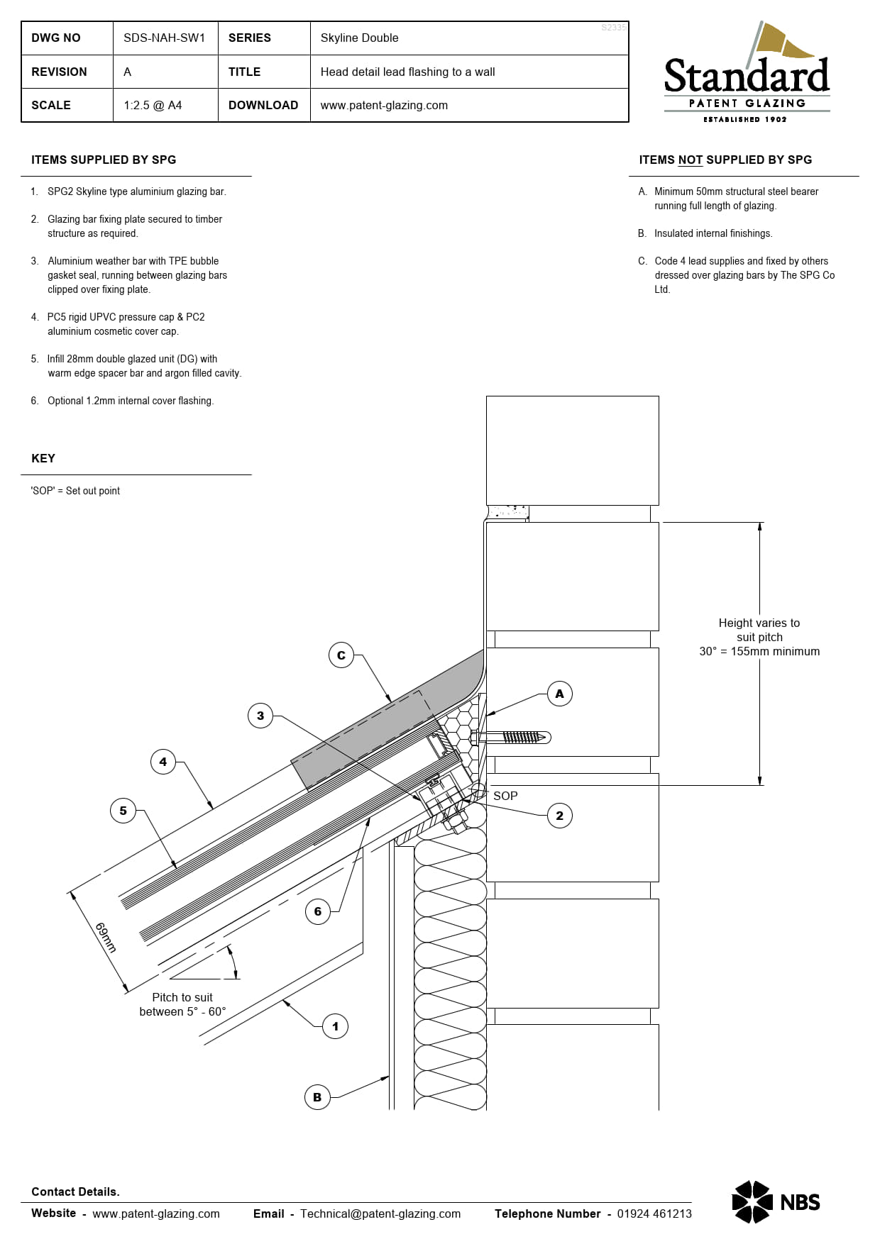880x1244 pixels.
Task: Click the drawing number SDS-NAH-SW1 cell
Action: pyautogui.click(x=164, y=38)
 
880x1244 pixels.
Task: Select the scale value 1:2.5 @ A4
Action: pyautogui.click(x=153, y=105)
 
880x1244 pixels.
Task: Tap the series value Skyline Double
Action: pyautogui.click(x=359, y=38)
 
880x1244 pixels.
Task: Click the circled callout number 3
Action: pyautogui.click(x=260, y=716)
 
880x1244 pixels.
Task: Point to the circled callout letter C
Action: pyautogui.click(x=341, y=655)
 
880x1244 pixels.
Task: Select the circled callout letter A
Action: pyautogui.click(x=559, y=694)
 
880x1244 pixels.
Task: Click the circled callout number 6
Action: pyautogui.click(x=318, y=911)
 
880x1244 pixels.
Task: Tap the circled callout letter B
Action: pyautogui.click(x=317, y=1097)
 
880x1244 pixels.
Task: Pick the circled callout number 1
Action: pyautogui.click(x=335, y=1026)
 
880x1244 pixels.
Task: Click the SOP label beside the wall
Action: pyautogui.click(x=505, y=796)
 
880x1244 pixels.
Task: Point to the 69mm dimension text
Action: pyautogui.click(x=106, y=937)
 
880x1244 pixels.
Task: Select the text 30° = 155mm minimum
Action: pyautogui.click(x=759, y=651)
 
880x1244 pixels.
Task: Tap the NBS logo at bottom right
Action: pyautogui.click(x=776, y=1201)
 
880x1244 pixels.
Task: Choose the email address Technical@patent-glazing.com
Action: pyautogui.click(x=380, y=1214)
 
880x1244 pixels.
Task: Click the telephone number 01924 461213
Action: pyautogui.click(x=654, y=1214)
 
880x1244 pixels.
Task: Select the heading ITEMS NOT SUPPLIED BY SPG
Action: pyautogui.click(x=725, y=160)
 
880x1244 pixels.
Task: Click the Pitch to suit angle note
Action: pyautogui.click(x=182, y=1004)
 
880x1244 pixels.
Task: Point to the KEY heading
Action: pyautogui.click(x=43, y=458)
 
